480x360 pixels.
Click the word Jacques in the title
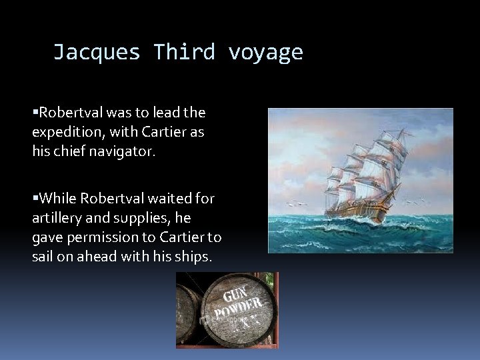click(97, 51)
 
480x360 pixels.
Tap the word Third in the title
click(184, 51)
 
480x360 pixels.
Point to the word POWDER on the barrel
click(237, 308)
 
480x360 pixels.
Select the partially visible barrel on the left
click(188, 313)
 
